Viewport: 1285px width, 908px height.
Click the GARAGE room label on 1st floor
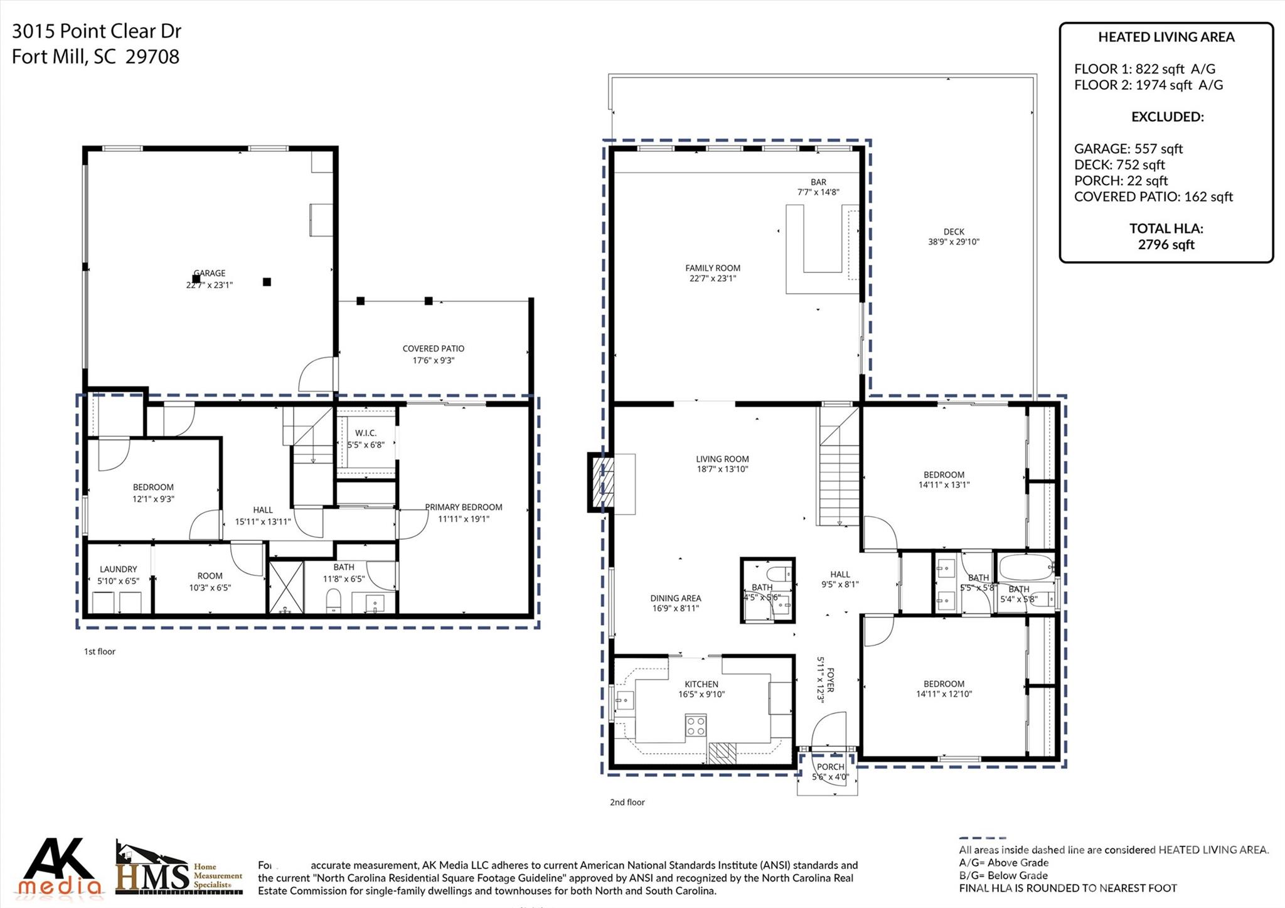210,274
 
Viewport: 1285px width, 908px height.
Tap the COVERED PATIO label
433,349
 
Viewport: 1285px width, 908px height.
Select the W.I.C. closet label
365,433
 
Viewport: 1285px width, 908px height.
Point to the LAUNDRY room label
118,569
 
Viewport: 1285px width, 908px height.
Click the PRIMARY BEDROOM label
464,507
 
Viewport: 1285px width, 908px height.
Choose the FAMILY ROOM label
712,268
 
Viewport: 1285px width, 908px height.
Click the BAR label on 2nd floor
818,182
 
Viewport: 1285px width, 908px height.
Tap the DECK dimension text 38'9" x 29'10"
953,242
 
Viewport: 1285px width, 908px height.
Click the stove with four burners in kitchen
695,726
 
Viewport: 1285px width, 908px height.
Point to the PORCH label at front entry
830,767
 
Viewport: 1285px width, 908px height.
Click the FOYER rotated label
831,680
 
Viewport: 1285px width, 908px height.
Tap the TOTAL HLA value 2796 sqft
1166,245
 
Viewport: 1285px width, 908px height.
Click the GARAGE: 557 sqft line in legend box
1128,149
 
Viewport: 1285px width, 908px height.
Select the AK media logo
60,868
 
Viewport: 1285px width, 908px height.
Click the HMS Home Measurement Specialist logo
179,869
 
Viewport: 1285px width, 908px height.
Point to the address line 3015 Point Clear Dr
97,31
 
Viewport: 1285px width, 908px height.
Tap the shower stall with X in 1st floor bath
286,587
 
